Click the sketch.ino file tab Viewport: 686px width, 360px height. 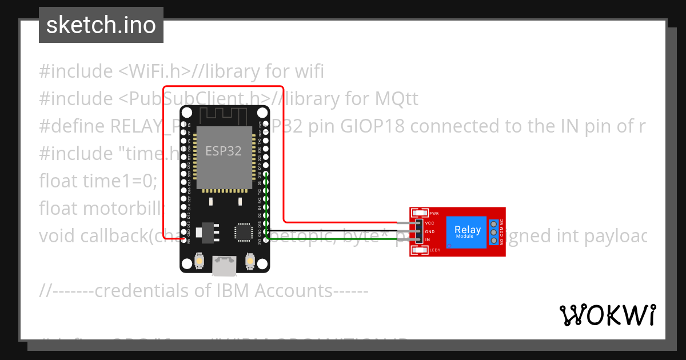pos(101,25)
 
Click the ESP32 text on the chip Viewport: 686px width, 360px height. pos(224,151)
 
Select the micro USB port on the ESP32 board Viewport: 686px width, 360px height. pos(224,263)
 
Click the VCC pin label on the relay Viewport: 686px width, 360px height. pos(430,223)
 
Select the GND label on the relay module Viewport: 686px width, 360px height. pos(430,231)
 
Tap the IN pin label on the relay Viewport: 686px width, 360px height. pos(428,240)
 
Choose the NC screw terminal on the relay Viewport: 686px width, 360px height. pos(493,222)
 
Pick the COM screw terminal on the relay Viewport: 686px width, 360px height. pos(493,231)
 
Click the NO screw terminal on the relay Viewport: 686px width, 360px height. pos(493,241)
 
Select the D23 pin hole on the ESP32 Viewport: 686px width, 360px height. pos(266,124)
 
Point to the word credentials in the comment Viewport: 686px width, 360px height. pos(133,290)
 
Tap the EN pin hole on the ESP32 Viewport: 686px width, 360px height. pos(183,124)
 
